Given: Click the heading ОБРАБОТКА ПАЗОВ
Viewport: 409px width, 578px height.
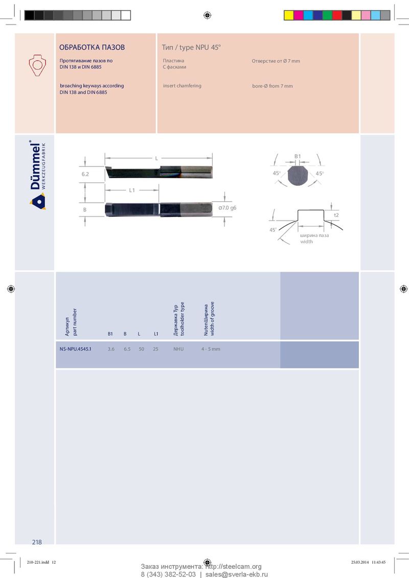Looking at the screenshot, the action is pyautogui.click(x=92, y=47).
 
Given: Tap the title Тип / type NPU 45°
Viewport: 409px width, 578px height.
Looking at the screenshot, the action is pyautogui.click(x=191, y=47).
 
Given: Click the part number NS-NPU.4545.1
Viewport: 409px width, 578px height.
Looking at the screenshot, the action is pyautogui.click(x=75, y=349).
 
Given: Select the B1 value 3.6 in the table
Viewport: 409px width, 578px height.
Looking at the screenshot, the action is pyautogui.click(x=111, y=349).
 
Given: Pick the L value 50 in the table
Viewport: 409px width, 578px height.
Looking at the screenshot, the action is pyautogui.click(x=142, y=349).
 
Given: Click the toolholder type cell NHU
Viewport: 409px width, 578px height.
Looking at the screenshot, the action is pyautogui.click(x=178, y=349).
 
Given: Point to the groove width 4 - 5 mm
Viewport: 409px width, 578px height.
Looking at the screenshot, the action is pyautogui.click(x=211, y=349).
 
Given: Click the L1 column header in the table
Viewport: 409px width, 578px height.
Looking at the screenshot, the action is pyautogui.click(x=156, y=333).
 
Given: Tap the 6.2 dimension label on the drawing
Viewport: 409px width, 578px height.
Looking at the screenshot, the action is pyautogui.click(x=85, y=174).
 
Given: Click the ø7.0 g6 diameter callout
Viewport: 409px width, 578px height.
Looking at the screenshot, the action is pyautogui.click(x=227, y=208).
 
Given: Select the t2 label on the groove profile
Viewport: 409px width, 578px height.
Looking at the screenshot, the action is pyautogui.click(x=336, y=215).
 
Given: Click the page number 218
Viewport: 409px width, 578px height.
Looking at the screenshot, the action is pyautogui.click(x=37, y=542).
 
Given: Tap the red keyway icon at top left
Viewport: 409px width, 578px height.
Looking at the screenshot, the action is pyautogui.click(x=37, y=65).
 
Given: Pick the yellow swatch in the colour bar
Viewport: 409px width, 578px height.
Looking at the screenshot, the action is pyautogui.click(x=289, y=15).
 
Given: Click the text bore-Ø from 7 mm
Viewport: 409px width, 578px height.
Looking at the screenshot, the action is pyautogui.click(x=272, y=86).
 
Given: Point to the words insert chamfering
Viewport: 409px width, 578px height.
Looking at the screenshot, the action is pyautogui.click(x=183, y=85).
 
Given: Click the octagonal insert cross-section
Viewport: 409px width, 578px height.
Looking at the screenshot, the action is pyautogui.click(x=298, y=175).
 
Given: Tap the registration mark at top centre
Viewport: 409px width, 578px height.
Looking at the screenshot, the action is pyautogui.click(x=207, y=15).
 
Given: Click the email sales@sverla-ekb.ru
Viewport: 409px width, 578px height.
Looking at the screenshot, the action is pyautogui.click(x=237, y=574).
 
